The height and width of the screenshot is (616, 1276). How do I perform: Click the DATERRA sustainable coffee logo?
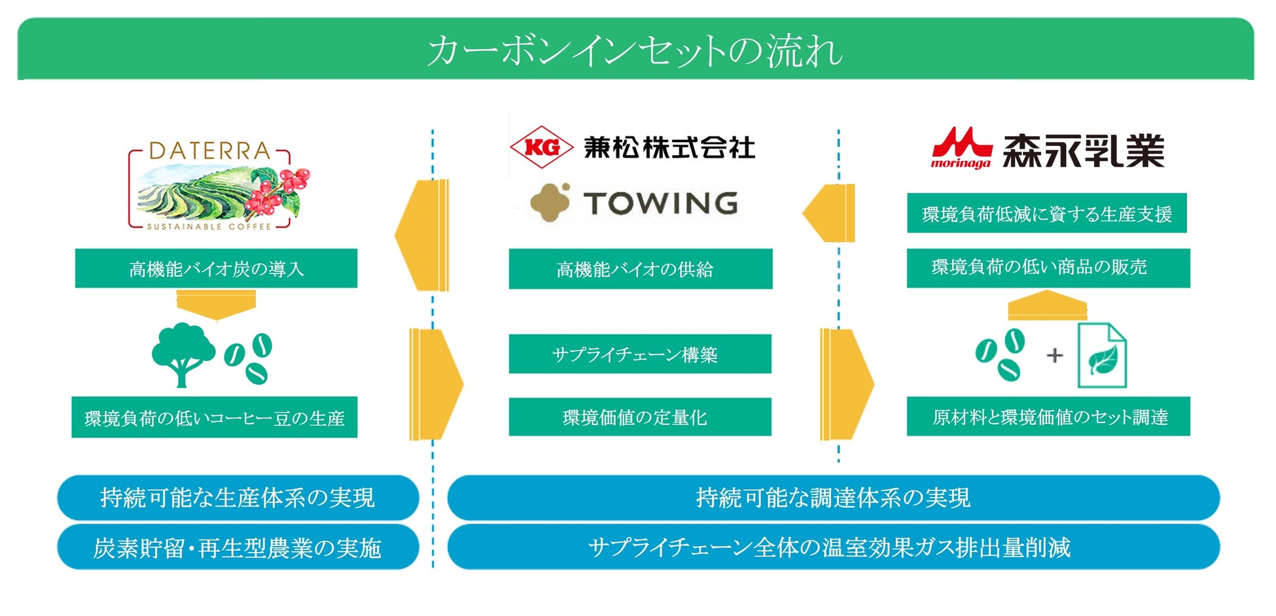coord(216,187)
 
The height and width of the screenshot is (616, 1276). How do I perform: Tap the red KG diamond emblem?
coord(541,147)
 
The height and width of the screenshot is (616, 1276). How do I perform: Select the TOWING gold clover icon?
coord(550,202)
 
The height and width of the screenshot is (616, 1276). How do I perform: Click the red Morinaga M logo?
coord(961,149)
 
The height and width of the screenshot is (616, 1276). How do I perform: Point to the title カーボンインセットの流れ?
coord(635,50)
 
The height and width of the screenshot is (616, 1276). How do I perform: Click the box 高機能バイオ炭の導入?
coord(216,269)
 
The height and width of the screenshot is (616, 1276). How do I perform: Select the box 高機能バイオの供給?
coord(640,269)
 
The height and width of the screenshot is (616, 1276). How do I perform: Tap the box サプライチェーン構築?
coord(640,354)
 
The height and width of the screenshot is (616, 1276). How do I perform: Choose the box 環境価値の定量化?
coord(640,417)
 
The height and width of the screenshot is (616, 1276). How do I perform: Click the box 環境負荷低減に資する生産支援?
coord(1046,213)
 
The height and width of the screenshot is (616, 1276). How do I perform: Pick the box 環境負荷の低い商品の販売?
coord(1048,267)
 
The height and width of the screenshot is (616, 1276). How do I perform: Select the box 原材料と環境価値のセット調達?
coord(1048,417)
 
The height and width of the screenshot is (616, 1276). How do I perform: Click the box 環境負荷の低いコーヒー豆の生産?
coord(215,417)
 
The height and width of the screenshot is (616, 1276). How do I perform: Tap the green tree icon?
coord(183,353)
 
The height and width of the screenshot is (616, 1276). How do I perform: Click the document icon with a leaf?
coord(1102,356)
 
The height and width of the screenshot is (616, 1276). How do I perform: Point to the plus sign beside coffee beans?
coord(1054,356)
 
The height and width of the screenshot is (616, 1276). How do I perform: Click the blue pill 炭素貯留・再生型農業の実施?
coord(238,547)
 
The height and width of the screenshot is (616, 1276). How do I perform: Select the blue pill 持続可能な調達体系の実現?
coord(833,498)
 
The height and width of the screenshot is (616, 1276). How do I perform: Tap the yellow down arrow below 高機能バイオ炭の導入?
coord(216,305)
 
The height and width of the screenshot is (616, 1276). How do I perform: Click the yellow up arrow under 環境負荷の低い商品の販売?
coord(1047,306)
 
